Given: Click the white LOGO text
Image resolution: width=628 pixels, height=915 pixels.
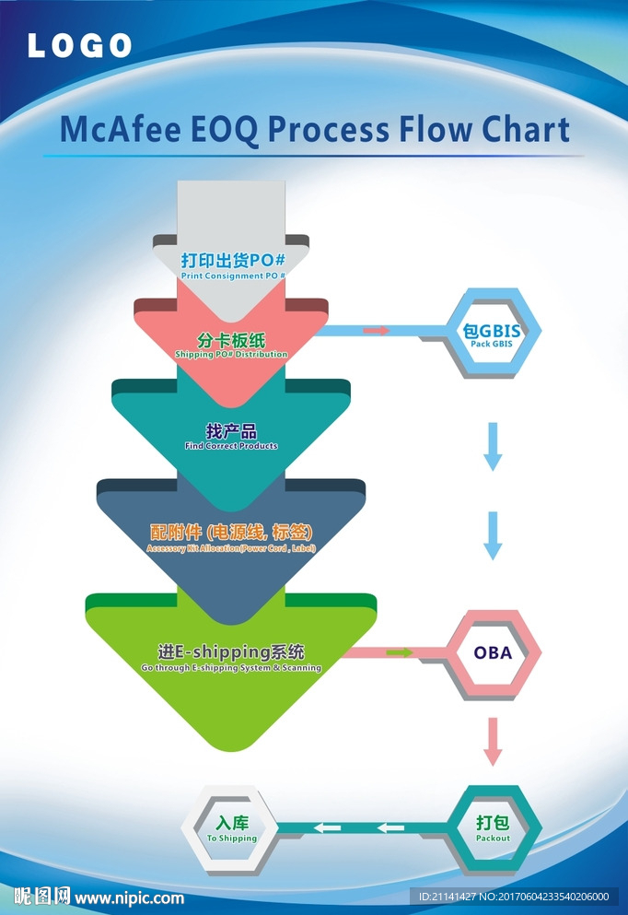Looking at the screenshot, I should click(x=79, y=45).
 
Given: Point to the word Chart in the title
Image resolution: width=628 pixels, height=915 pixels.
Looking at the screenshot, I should click(x=525, y=130).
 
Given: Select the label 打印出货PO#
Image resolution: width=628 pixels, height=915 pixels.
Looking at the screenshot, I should click(x=233, y=260).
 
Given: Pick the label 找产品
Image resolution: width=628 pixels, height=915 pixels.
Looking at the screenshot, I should click(x=231, y=430).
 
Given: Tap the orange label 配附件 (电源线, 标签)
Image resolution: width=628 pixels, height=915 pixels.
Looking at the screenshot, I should click(x=231, y=533).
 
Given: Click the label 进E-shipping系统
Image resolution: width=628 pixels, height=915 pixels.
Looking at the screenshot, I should click(x=231, y=651).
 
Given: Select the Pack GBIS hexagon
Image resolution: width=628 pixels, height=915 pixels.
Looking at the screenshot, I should click(x=492, y=333).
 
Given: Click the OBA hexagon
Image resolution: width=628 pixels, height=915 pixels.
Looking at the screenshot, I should click(x=493, y=653).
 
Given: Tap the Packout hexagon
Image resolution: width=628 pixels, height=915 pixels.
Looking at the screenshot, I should click(x=493, y=828).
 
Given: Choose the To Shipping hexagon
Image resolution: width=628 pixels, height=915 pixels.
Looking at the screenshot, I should click(x=231, y=828).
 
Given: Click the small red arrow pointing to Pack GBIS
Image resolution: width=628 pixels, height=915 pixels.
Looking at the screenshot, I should click(x=376, y=330).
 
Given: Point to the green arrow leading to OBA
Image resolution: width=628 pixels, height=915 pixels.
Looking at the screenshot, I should click(x=400, y=652).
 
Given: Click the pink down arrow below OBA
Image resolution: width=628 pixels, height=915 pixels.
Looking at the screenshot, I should click(x=494, y=741).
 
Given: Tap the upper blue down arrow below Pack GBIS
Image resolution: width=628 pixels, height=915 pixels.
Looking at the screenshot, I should click(x=494, y=446).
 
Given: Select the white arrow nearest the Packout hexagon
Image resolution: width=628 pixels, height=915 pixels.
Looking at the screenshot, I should click(x=390, y=827).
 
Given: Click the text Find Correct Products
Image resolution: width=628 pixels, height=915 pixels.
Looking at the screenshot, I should click(x=231, y=446).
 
